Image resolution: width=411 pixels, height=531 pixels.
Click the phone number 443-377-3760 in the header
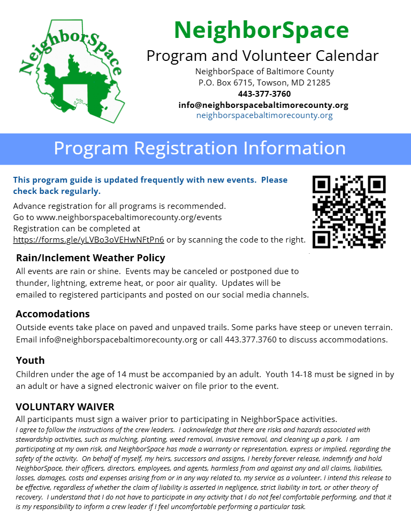(x=264, y=94)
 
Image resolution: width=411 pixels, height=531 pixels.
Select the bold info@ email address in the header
(x=263, y=105)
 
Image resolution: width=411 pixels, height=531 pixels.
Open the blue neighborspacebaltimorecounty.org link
(x=264, y=115)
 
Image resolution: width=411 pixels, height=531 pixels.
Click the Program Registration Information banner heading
(x=200, y=148)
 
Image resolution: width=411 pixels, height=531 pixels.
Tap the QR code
(x=349, y=212)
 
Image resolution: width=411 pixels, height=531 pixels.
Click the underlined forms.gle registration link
(x=88, y=240)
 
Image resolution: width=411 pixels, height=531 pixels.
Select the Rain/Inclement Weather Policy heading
(x=90, y=258)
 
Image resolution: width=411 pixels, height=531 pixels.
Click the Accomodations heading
(x=52, y=314)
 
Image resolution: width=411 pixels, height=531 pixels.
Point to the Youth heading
(x=30, y=360)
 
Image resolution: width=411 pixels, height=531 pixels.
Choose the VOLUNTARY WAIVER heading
(x=65, y=407)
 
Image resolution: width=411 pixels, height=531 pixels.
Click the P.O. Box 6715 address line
(x=264, y=83)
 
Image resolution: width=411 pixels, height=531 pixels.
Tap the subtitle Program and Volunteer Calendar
(x=262, y=56)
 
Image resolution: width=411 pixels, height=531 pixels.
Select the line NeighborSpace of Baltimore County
(x=264, y=72)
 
